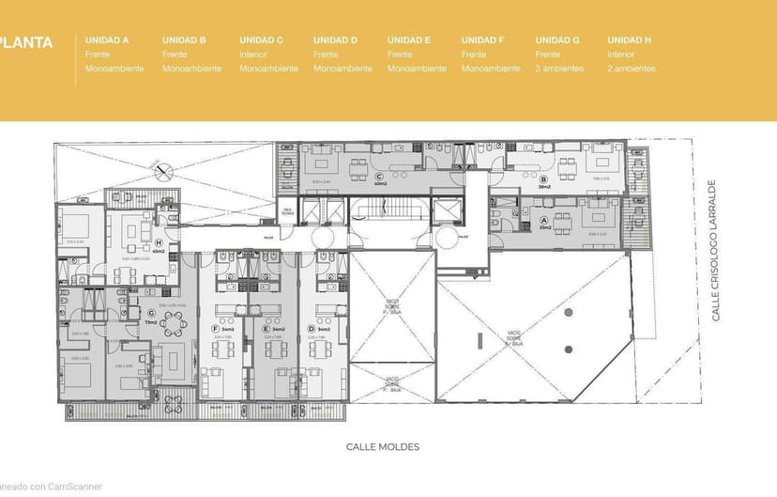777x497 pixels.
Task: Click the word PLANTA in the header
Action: click(25, 42)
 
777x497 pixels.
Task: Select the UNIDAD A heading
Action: click(107, 40)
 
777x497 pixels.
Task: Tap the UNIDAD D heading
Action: click(335, 40)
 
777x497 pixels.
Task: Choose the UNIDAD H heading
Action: click(629, 40)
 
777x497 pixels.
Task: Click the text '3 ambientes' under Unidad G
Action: click(559, 69)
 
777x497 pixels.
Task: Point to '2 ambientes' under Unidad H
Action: click(632, 69)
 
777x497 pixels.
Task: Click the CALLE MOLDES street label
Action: click(383, 447)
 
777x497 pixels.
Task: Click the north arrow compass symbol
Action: click(165, 171)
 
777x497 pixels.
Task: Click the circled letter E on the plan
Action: click(267, 328)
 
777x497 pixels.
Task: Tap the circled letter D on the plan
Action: click(312, 328)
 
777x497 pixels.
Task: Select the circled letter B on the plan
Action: click(543, 179)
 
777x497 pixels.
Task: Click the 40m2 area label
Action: click(380, 184)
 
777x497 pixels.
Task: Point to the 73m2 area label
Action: click(151, 322)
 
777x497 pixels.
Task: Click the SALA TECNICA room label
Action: click(287, 211)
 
